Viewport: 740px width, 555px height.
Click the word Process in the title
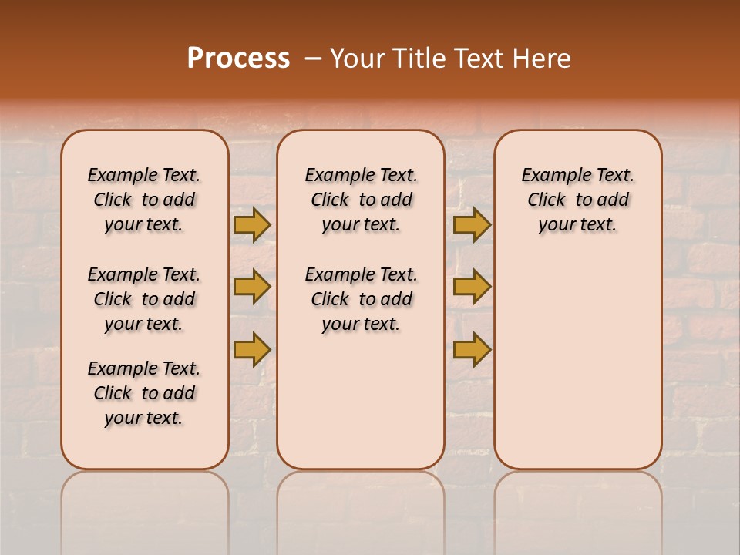point(238,59)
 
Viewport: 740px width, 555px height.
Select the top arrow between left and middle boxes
point(252,225)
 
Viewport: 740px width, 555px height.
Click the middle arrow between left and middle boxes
point(252,287)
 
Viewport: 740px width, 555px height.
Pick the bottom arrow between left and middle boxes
point(252,349)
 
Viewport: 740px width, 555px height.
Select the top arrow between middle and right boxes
point(472,225)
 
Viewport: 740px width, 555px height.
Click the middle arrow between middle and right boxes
point(472,287)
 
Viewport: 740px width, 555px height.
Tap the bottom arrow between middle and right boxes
point(472,349)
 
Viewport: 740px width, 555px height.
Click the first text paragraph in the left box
point(144,200)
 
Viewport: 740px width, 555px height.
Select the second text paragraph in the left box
point(144,299)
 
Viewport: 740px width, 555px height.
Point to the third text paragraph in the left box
point(144,393)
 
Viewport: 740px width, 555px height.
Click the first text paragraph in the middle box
point(362,200)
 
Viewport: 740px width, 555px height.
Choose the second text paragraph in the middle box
point(362,299)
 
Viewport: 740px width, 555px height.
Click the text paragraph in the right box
point(578,200)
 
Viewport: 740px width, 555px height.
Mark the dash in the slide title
point(313,59)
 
